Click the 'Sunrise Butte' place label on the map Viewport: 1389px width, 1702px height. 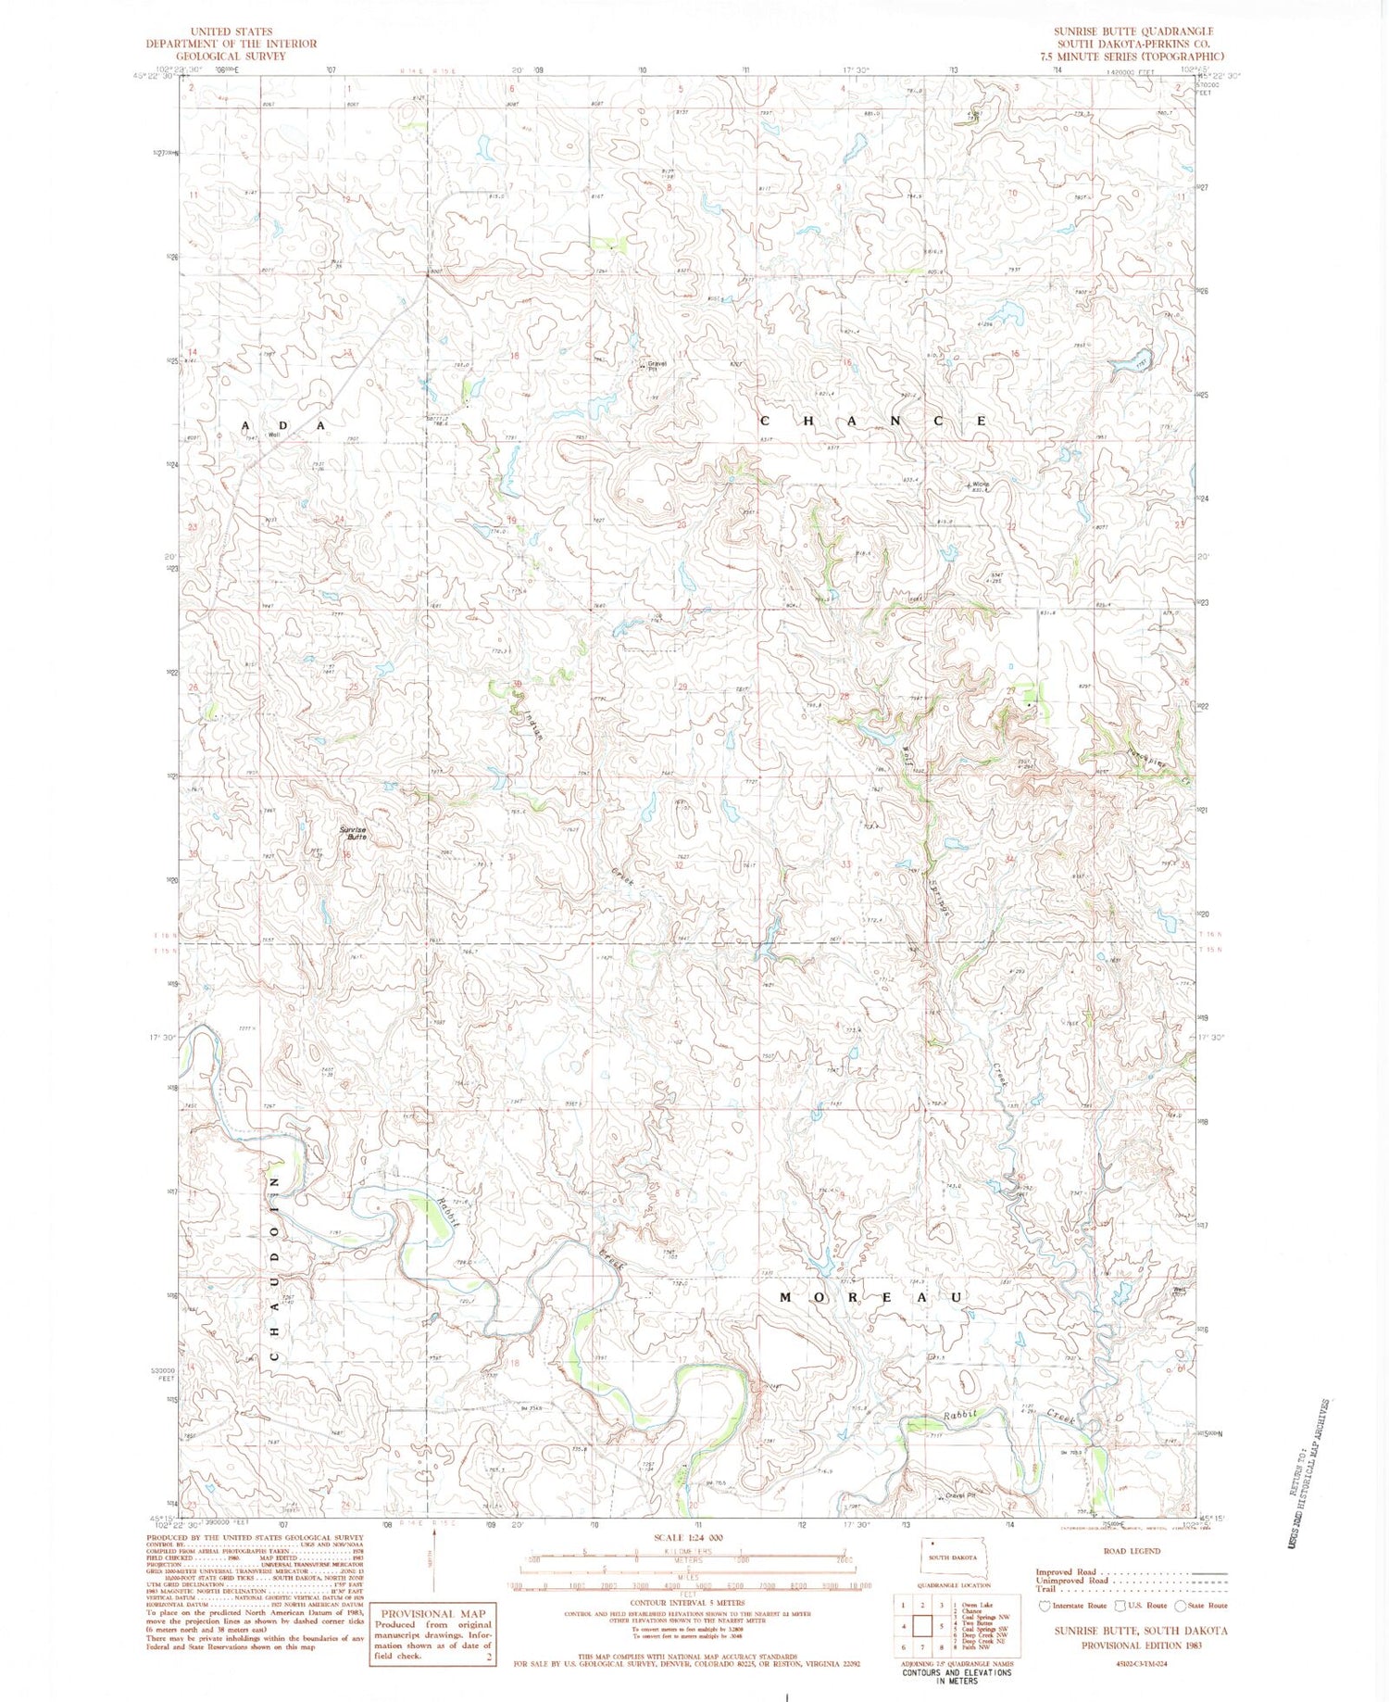(x=352, y=833)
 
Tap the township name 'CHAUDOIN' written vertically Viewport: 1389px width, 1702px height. (x=274, y=1267)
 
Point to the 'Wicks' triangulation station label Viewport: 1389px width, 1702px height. (x=980, y=485)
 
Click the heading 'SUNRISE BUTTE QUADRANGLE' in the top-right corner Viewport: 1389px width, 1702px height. (x=1132, y=32)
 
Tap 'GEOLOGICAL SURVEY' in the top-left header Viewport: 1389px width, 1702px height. (x=231, y=56)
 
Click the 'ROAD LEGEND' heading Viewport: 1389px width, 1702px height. (x=1132, y=1551)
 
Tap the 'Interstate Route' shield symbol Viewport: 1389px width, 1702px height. (x=1045, y=1606)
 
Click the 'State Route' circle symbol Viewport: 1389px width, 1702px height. (x=1181, y=1606)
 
